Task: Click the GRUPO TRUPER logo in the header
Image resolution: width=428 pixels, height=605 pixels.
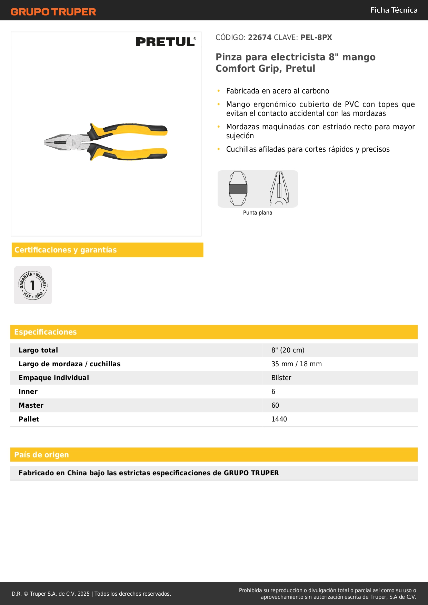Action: [x=53, y=12]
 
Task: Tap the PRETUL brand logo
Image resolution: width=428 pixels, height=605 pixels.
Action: [x=166, y=42]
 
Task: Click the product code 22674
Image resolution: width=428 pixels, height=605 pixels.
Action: [x=259, y=38]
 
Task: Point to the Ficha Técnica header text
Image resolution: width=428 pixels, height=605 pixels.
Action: [x=394, y=10]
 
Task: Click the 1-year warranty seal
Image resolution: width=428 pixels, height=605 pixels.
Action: [x=33, y=285]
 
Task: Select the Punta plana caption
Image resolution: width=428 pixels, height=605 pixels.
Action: [x=257, y=213]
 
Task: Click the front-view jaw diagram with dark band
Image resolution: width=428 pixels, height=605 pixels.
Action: [x=238, y=189]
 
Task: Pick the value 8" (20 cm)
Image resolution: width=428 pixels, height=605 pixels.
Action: [x=288, y=350]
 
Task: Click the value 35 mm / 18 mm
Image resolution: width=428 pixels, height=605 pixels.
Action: [x=296, y=364]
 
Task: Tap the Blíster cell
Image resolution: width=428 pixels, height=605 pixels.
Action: [x=281, y=378]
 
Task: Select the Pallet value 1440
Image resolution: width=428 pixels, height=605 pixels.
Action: [x=279, y=419]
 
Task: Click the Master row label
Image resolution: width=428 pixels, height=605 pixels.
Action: [x=31, y=405]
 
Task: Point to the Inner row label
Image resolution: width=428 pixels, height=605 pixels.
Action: [x=28, y=391]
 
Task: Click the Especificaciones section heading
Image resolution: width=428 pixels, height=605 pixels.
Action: [x=46, y=332]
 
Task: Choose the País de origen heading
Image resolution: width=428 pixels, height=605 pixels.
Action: [x=41, y=455]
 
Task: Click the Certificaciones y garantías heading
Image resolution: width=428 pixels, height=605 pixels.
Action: [x=66, y=250]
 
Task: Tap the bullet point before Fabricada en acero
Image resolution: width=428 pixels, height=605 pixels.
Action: [x=219, y=91]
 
